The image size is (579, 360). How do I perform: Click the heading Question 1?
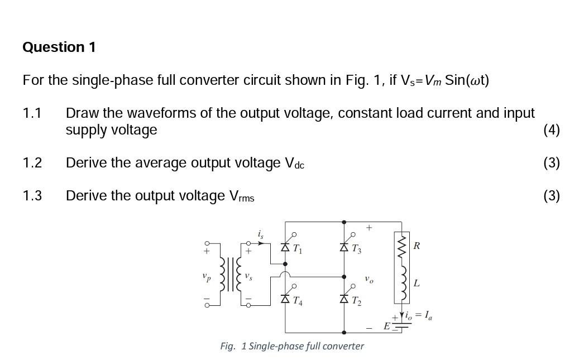59,47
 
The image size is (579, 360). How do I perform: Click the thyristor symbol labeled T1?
285,246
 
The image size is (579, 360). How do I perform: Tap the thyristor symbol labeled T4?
285,300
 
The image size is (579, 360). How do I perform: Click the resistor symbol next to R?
401,246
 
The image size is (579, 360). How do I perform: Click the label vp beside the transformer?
207,276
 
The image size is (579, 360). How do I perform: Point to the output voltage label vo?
369,278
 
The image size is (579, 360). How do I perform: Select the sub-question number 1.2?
32,163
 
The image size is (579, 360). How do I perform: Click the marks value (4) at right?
551,130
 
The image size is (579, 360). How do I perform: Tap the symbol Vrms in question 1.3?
242,196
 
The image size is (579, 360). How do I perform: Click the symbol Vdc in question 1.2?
294,164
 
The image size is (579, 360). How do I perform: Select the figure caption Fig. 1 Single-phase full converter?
291,346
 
